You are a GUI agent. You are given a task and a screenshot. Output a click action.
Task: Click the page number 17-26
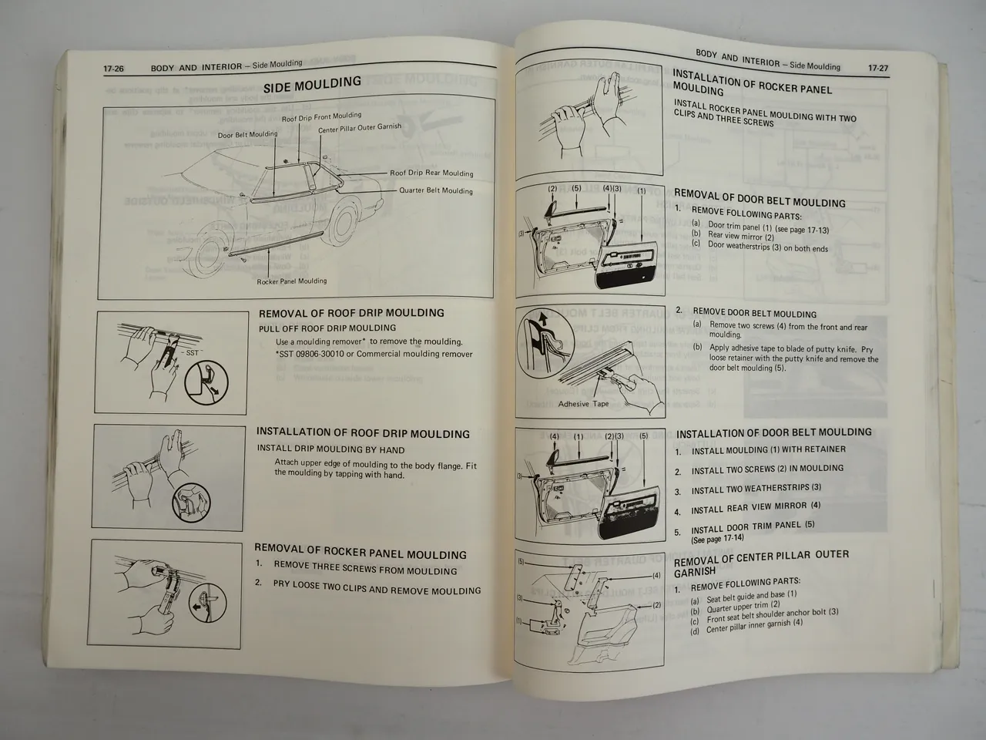point(114,69)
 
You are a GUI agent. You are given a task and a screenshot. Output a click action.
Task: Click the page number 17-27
point(877,69)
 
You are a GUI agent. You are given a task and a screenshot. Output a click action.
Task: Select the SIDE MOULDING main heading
point(312,84)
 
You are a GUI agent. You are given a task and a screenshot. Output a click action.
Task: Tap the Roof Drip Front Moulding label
point(321,117)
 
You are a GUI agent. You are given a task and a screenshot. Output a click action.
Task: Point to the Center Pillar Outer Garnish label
point(360,127)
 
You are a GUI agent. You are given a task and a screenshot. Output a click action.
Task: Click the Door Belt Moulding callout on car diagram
point(247,134)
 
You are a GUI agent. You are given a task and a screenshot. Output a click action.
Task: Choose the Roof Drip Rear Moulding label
point(431,173)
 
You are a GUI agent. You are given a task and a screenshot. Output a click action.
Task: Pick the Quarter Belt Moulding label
point(436,190)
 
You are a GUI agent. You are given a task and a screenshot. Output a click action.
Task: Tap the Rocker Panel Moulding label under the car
point(292,281)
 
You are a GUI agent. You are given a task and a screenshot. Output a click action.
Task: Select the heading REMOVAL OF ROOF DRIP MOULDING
point(351,313)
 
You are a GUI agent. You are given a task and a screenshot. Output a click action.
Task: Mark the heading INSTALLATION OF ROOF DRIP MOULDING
point(363,434)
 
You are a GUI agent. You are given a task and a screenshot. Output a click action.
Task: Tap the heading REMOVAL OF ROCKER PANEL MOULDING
point(361,554)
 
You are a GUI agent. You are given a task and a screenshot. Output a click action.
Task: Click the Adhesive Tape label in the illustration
point(583,404)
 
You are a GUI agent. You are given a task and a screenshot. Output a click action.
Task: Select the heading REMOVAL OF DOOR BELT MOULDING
point(760,199)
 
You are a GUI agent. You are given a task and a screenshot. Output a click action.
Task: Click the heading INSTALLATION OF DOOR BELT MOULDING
point(774,432)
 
